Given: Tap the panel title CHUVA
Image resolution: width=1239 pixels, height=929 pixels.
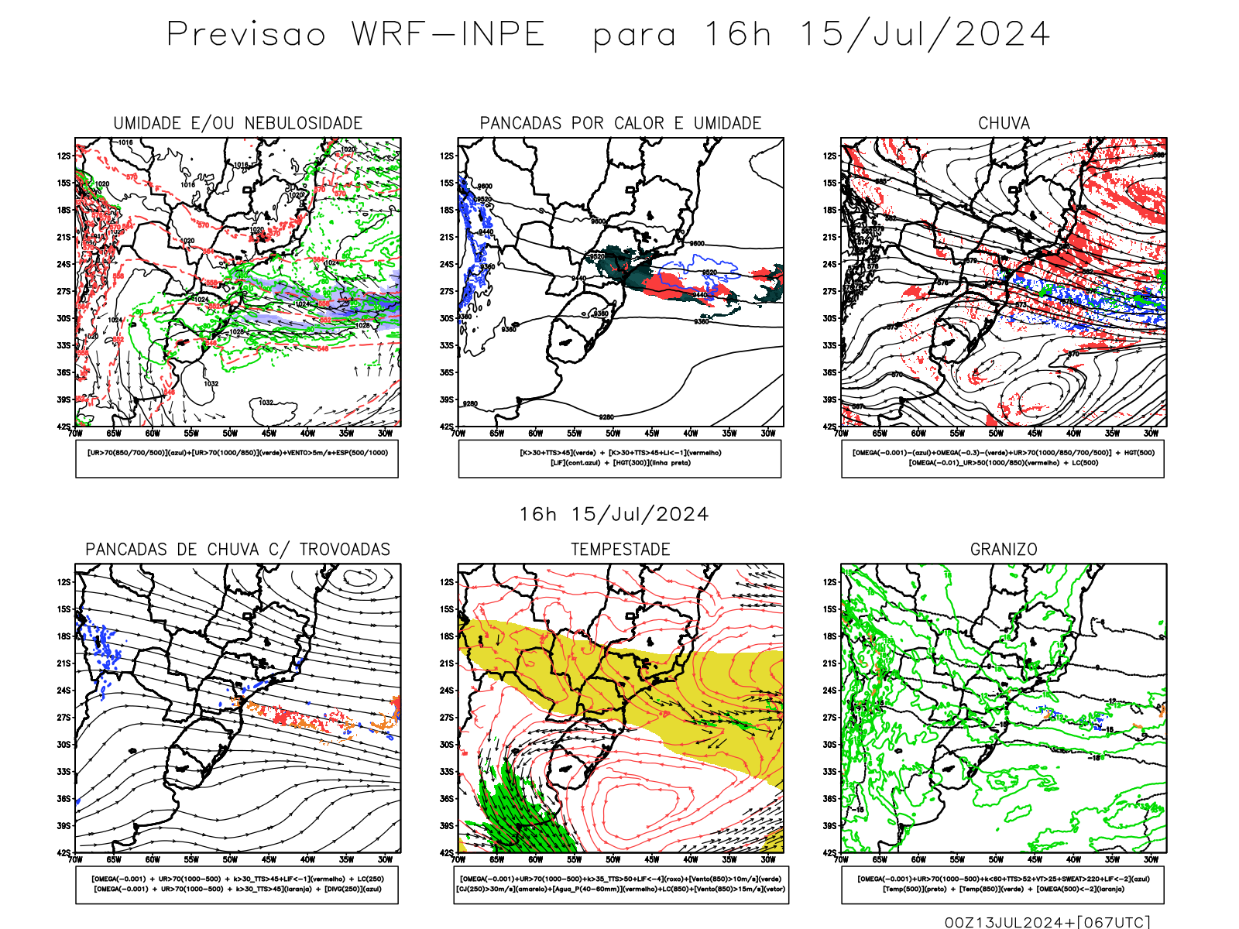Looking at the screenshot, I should pos(1004,123).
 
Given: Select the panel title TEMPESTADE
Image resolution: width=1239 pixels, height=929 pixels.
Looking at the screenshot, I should pos(620,550).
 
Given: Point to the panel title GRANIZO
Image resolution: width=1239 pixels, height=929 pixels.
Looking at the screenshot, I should pos(1004,550).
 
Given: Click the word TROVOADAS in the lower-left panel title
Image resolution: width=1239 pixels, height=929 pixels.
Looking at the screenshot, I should pos(345,550).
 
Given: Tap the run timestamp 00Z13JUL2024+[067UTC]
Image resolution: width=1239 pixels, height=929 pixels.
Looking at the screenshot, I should pos(1047,922).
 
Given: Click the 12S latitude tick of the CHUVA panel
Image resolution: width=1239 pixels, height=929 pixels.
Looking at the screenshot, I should pos(830,156).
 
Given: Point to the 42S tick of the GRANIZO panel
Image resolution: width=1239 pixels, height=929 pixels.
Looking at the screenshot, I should pos(830,853).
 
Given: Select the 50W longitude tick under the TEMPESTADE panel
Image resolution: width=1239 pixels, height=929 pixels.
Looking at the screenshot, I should pos(613,859).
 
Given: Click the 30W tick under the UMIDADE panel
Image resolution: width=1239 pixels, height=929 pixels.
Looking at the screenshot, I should pos(385,434).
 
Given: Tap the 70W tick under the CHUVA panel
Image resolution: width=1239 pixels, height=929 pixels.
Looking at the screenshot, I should pos(842,434).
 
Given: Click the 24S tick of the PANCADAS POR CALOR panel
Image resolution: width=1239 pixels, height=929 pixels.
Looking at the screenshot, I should pos(447,265).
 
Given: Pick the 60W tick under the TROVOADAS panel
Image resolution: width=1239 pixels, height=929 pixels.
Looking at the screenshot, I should pos(153,859).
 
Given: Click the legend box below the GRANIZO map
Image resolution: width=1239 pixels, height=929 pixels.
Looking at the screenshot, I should pos(1003,884).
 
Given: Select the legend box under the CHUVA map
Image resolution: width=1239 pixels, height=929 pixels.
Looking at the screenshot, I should pos(1003,458).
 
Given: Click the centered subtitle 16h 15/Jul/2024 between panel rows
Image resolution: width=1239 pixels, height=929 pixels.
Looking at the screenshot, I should pos(614,515).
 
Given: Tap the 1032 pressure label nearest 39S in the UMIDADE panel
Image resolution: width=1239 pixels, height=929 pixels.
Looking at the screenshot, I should pos(266,403).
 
